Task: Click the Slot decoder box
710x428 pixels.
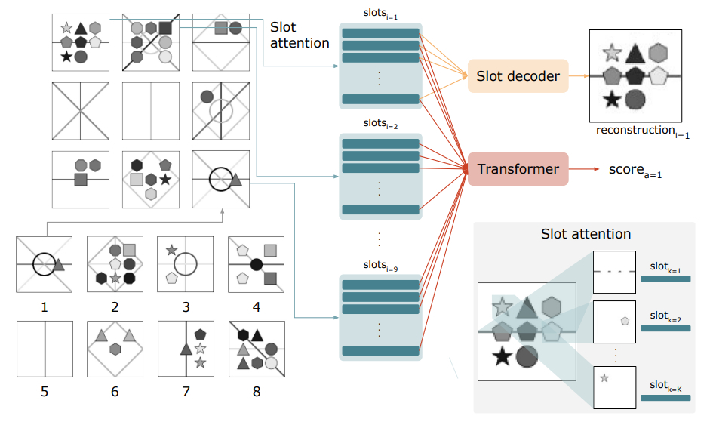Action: tap(518, 75)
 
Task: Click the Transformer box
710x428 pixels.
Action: tap(517, 168)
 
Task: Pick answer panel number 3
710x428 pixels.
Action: tap(186, 264)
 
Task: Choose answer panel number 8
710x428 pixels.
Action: tap(257, 349)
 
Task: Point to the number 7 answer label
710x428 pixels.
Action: tap(186, 391)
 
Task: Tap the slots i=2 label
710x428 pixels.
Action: tap(380, 123)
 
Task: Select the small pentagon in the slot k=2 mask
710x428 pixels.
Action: tap(625, 321)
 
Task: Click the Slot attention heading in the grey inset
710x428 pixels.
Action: tap(586, 234)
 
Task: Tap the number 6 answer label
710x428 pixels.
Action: tap(115, 391)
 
